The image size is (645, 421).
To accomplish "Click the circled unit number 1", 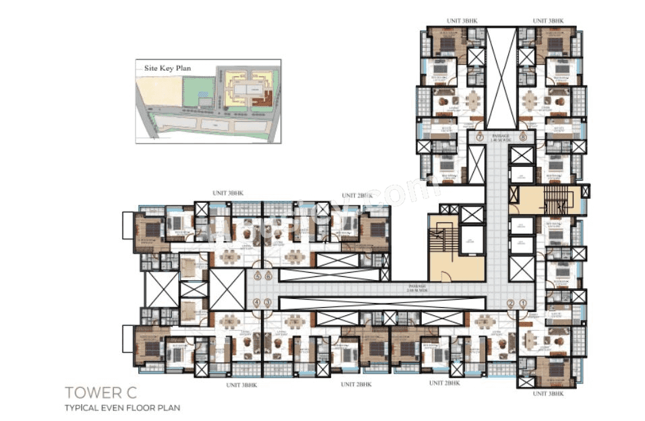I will click(x=522, y=304).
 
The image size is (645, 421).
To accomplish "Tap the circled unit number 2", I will click(x=510, y=304).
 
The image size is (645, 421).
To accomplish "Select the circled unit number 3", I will click(x=268, y=304).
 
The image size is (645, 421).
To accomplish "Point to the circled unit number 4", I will click(x=257, y=304).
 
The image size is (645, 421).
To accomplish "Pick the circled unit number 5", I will click(x=257, y=276).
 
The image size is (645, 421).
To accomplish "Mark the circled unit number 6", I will click(x=268, y=276).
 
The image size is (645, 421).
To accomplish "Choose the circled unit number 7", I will click(x=480, y=137).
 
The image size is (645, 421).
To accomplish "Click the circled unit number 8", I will click(x=523, y=137).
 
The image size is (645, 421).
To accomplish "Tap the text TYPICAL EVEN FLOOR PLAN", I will click(x=122, y=408).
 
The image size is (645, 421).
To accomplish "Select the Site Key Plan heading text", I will click(x=163, y=68).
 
